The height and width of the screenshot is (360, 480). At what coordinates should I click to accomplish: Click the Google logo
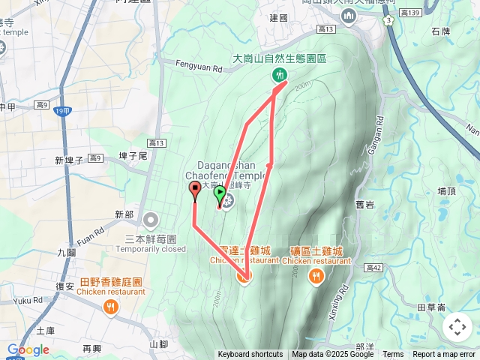click(x=28, y=349)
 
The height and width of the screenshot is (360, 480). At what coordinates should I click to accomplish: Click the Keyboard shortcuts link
click(x=250, y=355)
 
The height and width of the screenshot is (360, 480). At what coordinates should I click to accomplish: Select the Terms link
click(x=393, y=355)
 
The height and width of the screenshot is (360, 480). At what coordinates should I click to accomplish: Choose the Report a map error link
click(x=444, y=355)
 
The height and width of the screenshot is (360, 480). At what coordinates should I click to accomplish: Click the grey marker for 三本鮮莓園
click(x=151, y=220)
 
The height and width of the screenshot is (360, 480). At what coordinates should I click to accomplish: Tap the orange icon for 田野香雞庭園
click(x=111, y=306)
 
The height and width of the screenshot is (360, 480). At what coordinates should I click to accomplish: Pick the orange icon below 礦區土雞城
click(x=316, y=276)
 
